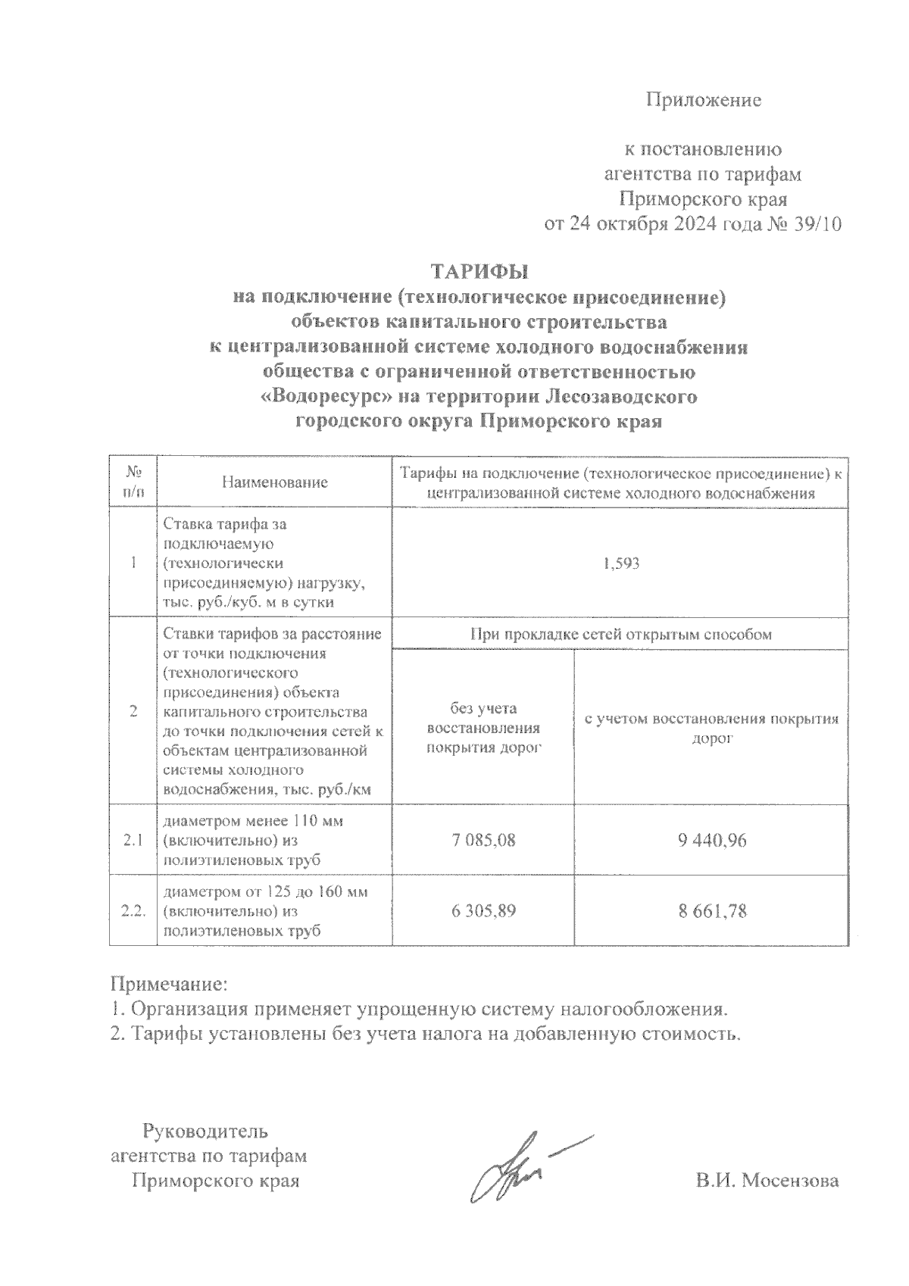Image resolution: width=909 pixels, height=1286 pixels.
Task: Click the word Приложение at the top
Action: [703, 100]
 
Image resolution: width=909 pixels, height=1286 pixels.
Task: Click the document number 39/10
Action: [814, 225]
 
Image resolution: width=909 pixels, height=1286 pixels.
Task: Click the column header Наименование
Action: [274, 482]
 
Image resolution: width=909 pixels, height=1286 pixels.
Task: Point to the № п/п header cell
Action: [133, 482]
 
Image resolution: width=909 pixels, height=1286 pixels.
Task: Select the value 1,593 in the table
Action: [621, 563]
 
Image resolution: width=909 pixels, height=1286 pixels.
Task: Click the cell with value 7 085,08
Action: [483, 840]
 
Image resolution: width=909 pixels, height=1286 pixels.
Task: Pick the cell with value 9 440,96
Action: [711, 840]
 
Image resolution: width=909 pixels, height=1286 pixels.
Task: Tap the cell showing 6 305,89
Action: [483, 911]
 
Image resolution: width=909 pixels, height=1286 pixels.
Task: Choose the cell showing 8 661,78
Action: [711, 911]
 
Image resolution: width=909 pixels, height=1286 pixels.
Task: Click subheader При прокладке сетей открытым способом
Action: [621, 635]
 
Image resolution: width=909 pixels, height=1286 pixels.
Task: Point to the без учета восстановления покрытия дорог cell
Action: [483, 728]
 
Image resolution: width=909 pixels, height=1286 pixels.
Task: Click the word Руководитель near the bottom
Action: [205, 1132]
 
